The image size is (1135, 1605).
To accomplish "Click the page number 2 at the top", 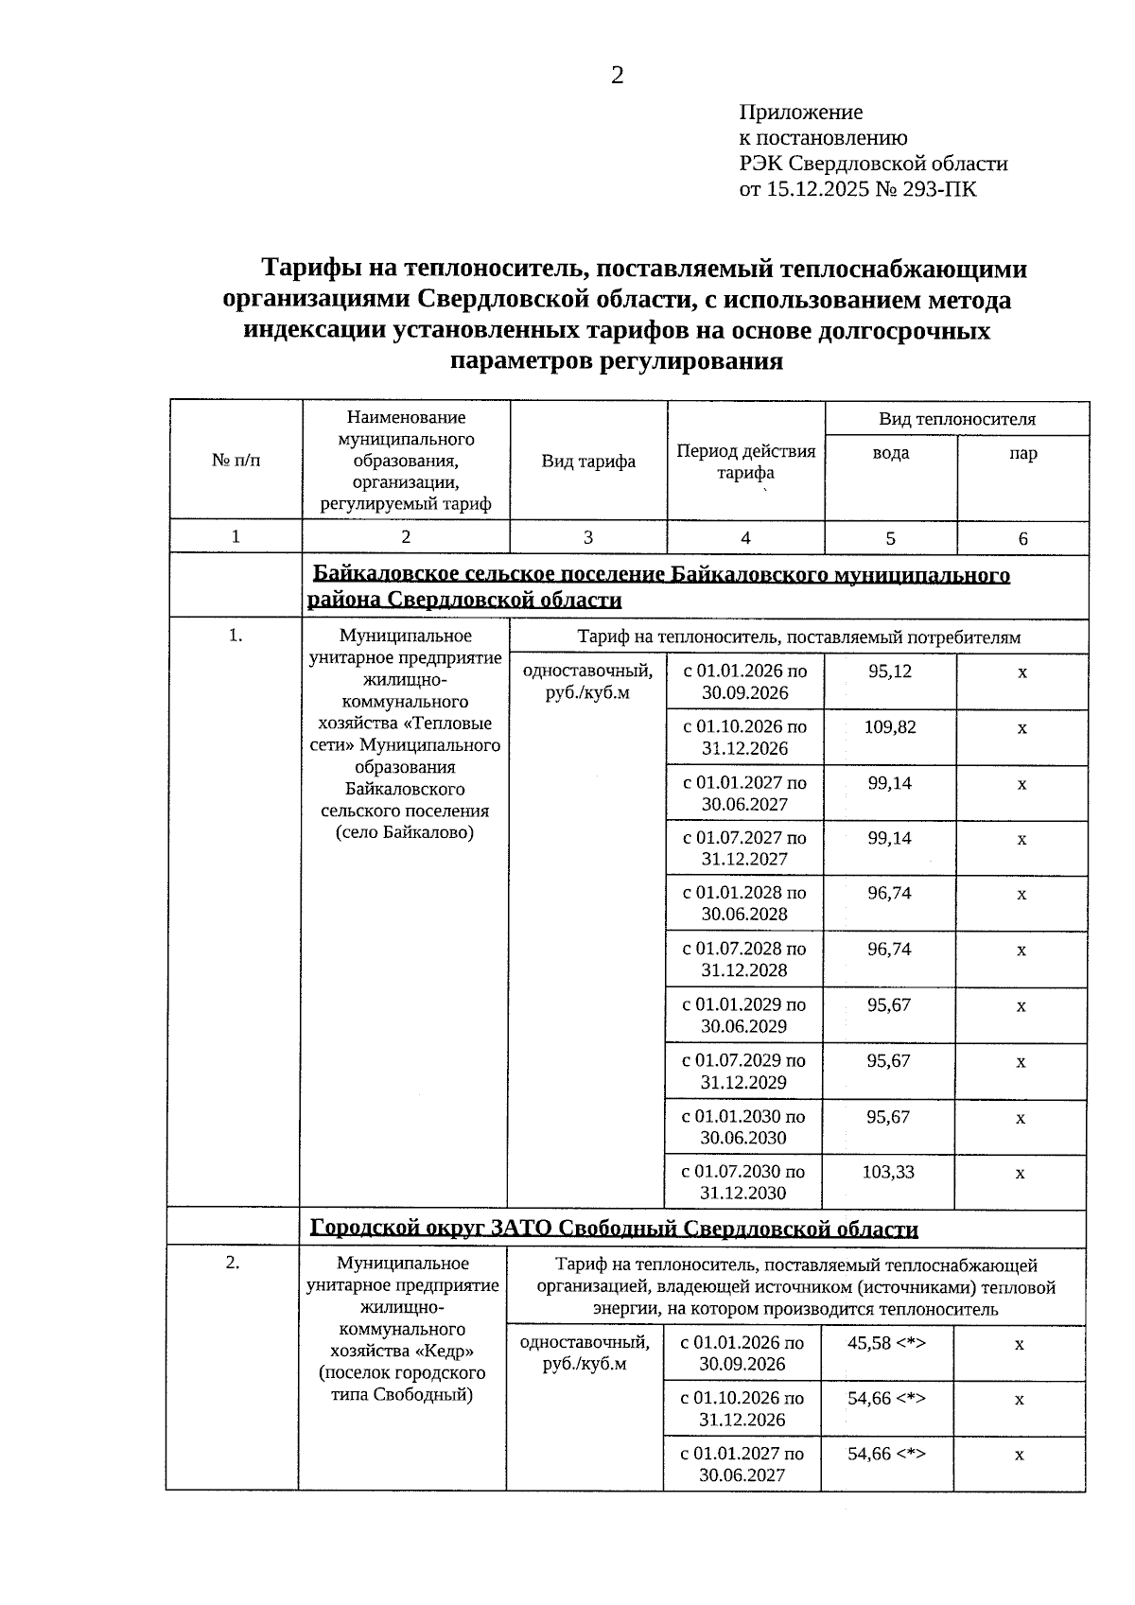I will (x=617, y=77).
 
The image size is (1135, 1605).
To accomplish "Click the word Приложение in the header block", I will (x=800, y=113).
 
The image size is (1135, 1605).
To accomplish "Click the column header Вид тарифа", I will (x=588, y=462).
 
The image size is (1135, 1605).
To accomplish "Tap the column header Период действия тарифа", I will (x=745, y=462).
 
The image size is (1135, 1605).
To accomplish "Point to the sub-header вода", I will (x=890, y=453).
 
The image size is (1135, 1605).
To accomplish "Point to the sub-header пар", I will (x=1022, y=453).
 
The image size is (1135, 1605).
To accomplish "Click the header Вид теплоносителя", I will (x=956, y=419).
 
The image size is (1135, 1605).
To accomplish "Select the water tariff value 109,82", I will (x=889, y=727).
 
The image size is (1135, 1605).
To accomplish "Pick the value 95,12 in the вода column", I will (x=889, y=672).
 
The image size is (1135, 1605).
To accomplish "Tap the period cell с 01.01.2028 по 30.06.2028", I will (x=744, y=903).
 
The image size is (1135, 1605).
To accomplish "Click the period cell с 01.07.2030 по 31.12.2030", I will (x=743, y=1182).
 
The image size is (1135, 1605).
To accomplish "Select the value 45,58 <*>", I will (x=885, y=1343).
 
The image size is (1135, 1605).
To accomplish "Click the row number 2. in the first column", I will (x=234, y=1263).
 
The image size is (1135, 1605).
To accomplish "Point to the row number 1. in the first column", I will (x=236, y=637).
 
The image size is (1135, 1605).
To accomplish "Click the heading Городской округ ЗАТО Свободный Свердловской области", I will (x=614, y=1229).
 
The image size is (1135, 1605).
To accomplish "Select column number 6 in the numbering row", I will (x=1022, y=538).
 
